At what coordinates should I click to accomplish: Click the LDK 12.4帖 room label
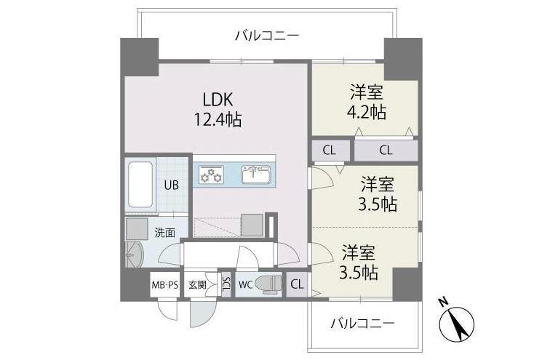coord(218,109)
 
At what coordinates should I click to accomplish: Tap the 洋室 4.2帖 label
coord(367,103)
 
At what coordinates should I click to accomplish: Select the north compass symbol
coord(456,320)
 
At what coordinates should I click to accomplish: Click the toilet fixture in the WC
coord(271,284)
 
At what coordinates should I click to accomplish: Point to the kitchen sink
coord(256,174)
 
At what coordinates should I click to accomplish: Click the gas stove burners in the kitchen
coord(211,175)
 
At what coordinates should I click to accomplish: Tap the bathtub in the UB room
coord(140,185)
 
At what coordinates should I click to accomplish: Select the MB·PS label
coord(165,285)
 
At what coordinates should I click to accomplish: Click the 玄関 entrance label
coord(197,285)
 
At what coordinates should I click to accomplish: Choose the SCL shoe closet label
coord(226,284)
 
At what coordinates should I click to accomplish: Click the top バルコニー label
coord(267,36)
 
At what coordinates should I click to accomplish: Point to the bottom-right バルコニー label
coord(362,324)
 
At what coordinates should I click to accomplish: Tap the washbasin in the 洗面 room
coord(134,255)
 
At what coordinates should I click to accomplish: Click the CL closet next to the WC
coord(297,284)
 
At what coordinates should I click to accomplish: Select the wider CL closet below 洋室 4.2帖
coord(386,151)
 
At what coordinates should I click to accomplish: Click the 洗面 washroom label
coord(164,233)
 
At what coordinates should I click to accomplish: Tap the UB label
coord(172,185)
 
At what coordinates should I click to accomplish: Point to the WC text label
coord(246,285)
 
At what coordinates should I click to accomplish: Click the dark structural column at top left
coord(139,57)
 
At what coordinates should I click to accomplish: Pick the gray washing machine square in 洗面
coord(137,228)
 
